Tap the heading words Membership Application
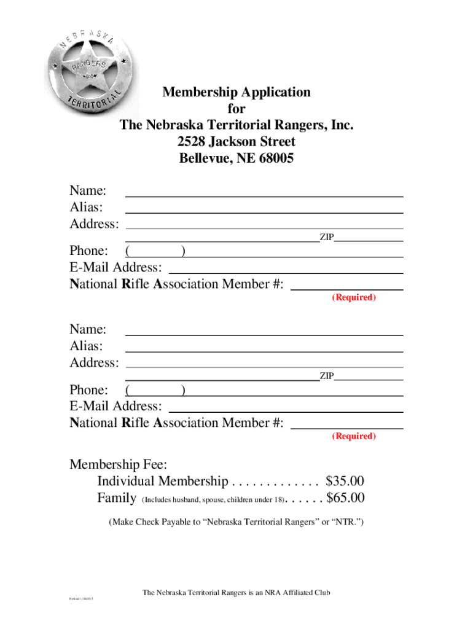237,93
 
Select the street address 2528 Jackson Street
237,142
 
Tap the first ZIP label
326,237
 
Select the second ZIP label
326,376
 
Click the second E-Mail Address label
116,407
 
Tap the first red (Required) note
353,297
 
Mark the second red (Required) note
353,436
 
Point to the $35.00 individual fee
345,481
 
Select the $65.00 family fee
345,498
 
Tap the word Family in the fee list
117,498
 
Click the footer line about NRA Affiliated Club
237,593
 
